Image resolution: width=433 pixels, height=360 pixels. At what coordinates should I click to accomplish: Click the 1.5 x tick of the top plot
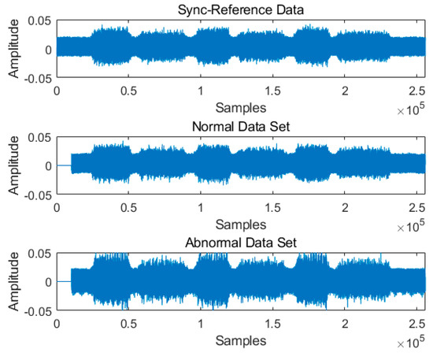tap(272, 91)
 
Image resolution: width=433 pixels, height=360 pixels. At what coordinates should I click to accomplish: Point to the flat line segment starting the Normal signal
tap(64, 165)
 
